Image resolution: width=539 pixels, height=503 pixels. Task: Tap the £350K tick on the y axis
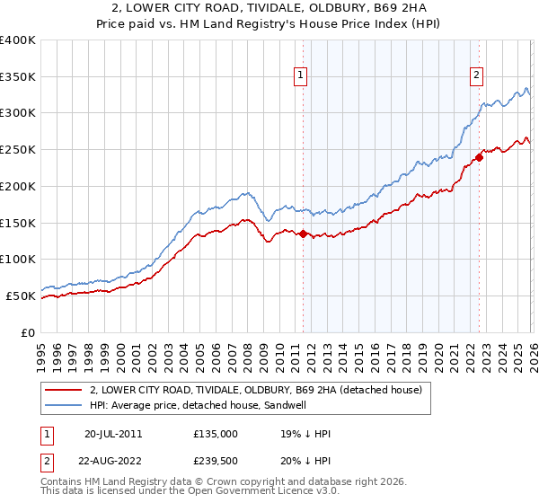pos(18,76)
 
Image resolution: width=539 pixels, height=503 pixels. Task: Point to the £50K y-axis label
pos(21,296)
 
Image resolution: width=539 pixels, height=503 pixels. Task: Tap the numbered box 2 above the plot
pos(476,76)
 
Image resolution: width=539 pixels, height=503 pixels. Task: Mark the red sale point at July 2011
pos(303,234)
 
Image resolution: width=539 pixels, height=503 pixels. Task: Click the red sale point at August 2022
pos(479,157)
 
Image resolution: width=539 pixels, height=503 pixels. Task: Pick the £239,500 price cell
pos(216,463)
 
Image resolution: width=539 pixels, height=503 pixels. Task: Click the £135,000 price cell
pos(216,434)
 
